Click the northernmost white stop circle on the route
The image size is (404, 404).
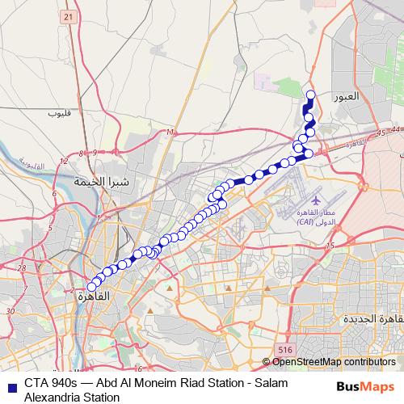[309, 95]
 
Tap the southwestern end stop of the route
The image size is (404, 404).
[91, 287]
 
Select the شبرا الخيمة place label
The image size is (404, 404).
[102, 183]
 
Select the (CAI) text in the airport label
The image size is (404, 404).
[305, 221]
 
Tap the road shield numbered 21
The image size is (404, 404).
[67, 17]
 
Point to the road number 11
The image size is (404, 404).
[168, 133]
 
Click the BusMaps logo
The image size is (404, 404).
[364, 386]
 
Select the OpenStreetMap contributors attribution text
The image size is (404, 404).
[333, 362]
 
